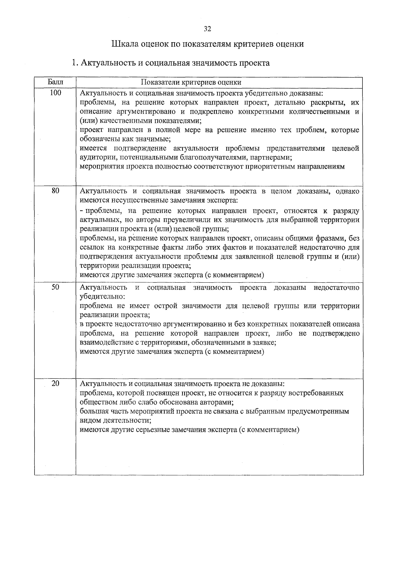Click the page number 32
pos(207,29)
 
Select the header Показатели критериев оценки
pos(191,82)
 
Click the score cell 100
pos(55,93)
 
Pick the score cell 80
pos(55,191)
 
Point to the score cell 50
pos(55,287)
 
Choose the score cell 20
pos(55,383)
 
